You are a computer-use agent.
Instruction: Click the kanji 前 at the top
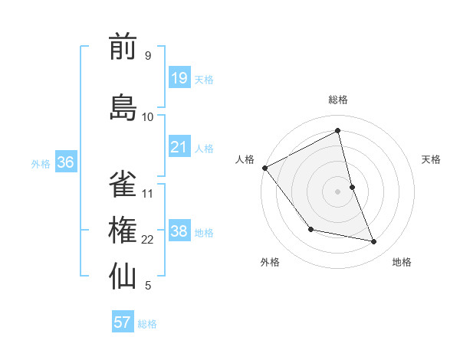(x=123, y=47)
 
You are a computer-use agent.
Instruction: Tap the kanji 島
(x=123, y=107)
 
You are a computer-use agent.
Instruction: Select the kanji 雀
(x=123, y=184)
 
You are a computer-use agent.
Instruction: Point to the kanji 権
(x=123, y=231)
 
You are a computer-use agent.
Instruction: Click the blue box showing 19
(x=179, y=77)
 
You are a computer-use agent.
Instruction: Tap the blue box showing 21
(x=179, y=147)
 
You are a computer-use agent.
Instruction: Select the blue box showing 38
(x=179, y=231)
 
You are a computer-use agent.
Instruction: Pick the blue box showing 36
(x=65, y=162)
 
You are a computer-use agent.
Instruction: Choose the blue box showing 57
(x=123, y=322)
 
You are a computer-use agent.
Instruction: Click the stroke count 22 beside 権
(x=148, y=240)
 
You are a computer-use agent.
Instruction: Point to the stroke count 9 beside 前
(x=147, y=56)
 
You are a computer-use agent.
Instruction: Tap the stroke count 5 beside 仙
(x=148, y=286)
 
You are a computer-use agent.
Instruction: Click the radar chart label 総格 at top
(x=338, y=100)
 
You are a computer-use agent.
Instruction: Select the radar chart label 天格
(x=432, y=159)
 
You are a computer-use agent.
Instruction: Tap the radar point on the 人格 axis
(x=264, y=168)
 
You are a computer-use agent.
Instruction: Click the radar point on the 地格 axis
(x=374, y=241)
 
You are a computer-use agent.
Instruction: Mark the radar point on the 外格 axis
(x=310, y=229)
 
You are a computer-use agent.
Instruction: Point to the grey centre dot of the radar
(x=338, y=191)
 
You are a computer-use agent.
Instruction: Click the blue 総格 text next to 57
(x=147, y=324)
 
